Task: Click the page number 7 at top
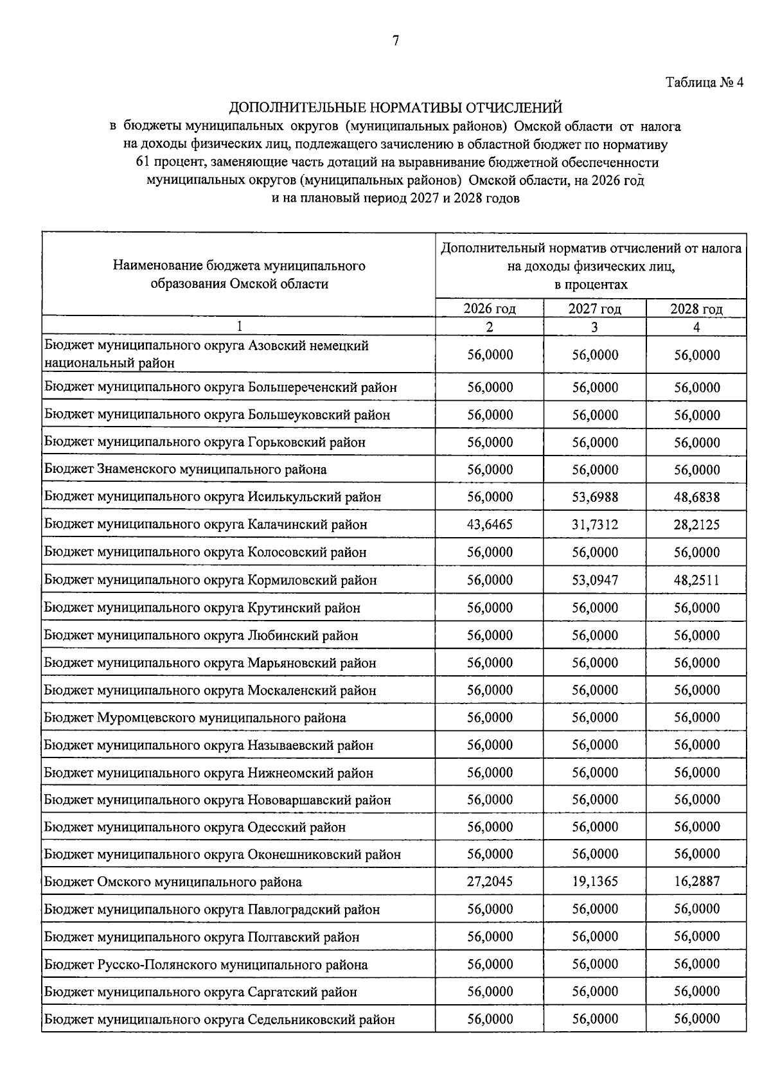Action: (395, 41)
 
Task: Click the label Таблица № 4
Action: (704, 83)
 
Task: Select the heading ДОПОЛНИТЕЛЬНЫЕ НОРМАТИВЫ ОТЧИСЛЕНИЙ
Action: (395, 107)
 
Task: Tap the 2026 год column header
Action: (490, 309)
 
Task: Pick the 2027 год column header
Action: (594, 309)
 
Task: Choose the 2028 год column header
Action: (696, 309)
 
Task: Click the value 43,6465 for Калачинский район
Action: (490, 525)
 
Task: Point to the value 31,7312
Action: (595, 525)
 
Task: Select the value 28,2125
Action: (697, 525)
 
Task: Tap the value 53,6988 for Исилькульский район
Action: (595, 497)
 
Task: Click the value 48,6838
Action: (697, 497)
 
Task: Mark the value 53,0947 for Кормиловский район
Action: (595, 580)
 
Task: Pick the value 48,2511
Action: (697, 580)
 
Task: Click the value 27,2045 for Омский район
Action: (490, 881)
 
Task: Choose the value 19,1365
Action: (595, 881)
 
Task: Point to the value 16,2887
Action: (697, 881)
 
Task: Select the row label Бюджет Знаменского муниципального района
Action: (185, 470)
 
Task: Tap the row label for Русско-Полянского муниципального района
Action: (206, 964)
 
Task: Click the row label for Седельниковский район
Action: (219, 1020)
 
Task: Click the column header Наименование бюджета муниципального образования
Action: (239, 274)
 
